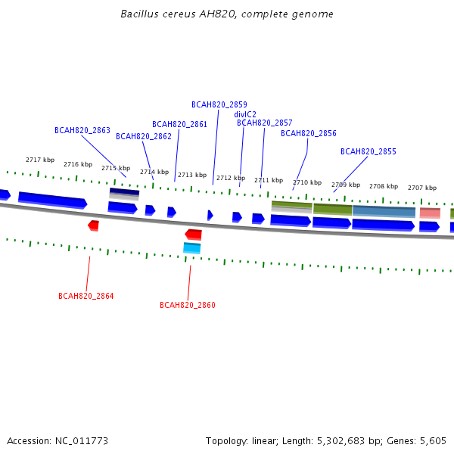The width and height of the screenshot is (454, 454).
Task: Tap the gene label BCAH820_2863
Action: [x=82, y=130]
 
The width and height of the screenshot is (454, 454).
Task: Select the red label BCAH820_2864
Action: [x=86, y=296]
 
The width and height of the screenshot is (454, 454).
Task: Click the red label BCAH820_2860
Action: [x=188, y=305]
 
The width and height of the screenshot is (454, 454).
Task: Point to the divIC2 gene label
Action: [x=245, y=114]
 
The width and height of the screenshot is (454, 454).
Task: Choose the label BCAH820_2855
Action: [x=368, y=151]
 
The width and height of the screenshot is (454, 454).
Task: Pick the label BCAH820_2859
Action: [x=219, y=104]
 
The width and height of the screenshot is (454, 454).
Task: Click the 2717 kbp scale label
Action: [x=40, y=160]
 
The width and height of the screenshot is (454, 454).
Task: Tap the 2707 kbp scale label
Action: [x=422, y=188]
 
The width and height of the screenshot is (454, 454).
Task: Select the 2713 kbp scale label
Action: [x=192, y=175]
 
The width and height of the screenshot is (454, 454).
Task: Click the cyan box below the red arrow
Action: [x=192, y=248]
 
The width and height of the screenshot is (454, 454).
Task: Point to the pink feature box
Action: [x=430, y=213]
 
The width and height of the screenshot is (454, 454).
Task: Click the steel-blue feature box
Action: [x=384, y=212]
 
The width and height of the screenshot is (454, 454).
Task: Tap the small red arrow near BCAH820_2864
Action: [x=94, y=225]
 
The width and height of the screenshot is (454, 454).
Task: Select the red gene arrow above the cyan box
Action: [x=194, y=235]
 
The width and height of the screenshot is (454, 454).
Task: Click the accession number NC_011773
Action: [x=82, y=441]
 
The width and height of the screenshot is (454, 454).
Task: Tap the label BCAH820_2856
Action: [x=309, y=133]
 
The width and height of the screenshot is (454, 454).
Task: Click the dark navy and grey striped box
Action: [x=124, y=194]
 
